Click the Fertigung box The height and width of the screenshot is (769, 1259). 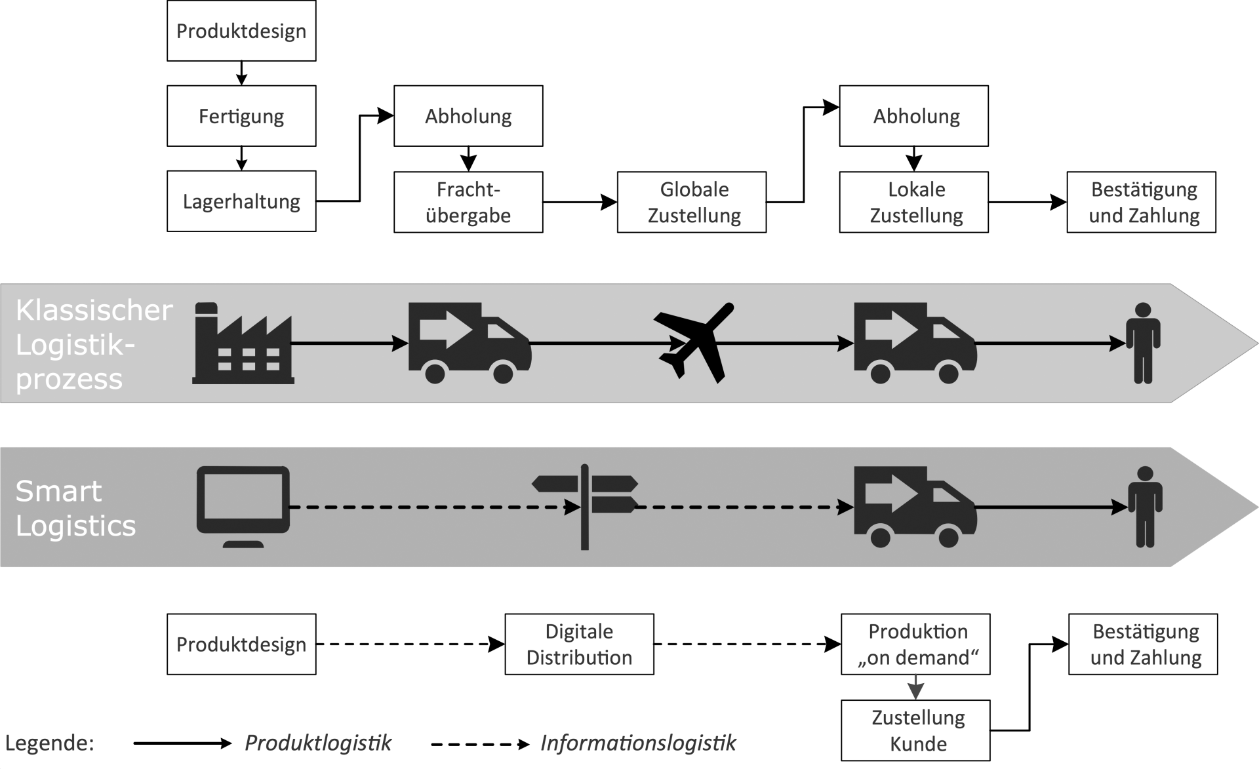pyautogui.click(x=241, y=116)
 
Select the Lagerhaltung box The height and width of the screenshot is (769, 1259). pyautogui.click(x=241, y=201)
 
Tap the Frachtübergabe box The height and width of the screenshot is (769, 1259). pyautogui.click(x=468, y=202)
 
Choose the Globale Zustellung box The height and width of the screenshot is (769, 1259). pyautogui.click(x=692, y=202)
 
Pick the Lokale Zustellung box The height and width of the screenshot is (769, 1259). pyautogui.click(x=914, y=202)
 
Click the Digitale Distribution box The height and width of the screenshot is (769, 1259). pyautogui.click(x=579, y=644)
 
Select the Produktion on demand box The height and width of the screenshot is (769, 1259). pyautogui.click(x=915, y=644)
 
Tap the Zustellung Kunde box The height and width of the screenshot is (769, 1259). pyautogui.click(x=915, y=730)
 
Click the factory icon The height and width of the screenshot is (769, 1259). pyautogui.click(x=243, y=344)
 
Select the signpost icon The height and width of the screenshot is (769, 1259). pyautogui.click(x=584, y=506)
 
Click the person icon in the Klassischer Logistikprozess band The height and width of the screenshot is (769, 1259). pyautogui.click(x=1143, y=342)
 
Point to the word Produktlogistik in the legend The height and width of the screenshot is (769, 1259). pyautogui.click(x=318, y=743)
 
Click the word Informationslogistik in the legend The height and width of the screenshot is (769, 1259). pyautogui.click(x=638, y=743)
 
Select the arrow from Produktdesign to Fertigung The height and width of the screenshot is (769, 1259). pyautogui.click(x=241, y=73)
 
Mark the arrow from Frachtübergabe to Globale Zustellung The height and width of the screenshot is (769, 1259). pyautogui.click(x=580, y=202)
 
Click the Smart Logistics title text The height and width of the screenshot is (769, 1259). pyautogui.click(x=75, y=508)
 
